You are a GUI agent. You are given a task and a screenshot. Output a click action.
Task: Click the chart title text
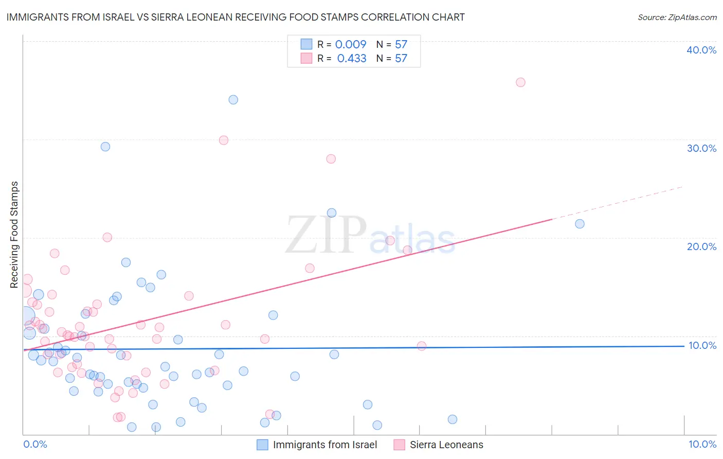tap(236, 17)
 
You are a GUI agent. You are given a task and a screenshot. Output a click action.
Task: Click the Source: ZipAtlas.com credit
tap(677, 17)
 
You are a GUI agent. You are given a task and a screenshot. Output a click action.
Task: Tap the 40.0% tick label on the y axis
tap(701, 50)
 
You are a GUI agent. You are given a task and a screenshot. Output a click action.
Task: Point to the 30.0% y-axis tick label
tap(701, 148)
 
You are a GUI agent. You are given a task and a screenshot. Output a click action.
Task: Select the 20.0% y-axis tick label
tap(701, 246)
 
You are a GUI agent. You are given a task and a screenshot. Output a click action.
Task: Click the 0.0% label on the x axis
tap(35, 444)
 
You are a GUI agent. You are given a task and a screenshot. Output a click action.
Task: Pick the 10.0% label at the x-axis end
tap(702, 444)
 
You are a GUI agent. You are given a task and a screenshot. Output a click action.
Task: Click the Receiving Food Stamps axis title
tap(14, 235)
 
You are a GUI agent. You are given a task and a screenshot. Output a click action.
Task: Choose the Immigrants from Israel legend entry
tap(324, 445)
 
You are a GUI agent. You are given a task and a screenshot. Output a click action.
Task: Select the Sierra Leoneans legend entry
tap(446, 445)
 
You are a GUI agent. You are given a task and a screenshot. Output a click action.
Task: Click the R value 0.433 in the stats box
tap(352, 59)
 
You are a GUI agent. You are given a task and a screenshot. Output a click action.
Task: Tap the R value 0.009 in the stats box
tap(351, 44)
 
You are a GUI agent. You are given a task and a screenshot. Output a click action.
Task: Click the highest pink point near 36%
tap(520, 82)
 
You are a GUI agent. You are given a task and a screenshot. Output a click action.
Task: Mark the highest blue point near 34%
tap(233, 100)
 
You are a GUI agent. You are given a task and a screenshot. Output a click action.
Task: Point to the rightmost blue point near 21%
tap(580, 224)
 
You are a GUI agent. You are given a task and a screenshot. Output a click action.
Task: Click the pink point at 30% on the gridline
tap(224, 140)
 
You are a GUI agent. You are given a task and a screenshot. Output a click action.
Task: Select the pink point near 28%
tap(331, 159)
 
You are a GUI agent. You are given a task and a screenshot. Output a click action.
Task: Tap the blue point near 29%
tap(105, 147)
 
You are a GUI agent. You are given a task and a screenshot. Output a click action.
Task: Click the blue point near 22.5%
tap(332, 213)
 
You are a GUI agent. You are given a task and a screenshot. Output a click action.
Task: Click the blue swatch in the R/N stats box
tap(306, 44)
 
